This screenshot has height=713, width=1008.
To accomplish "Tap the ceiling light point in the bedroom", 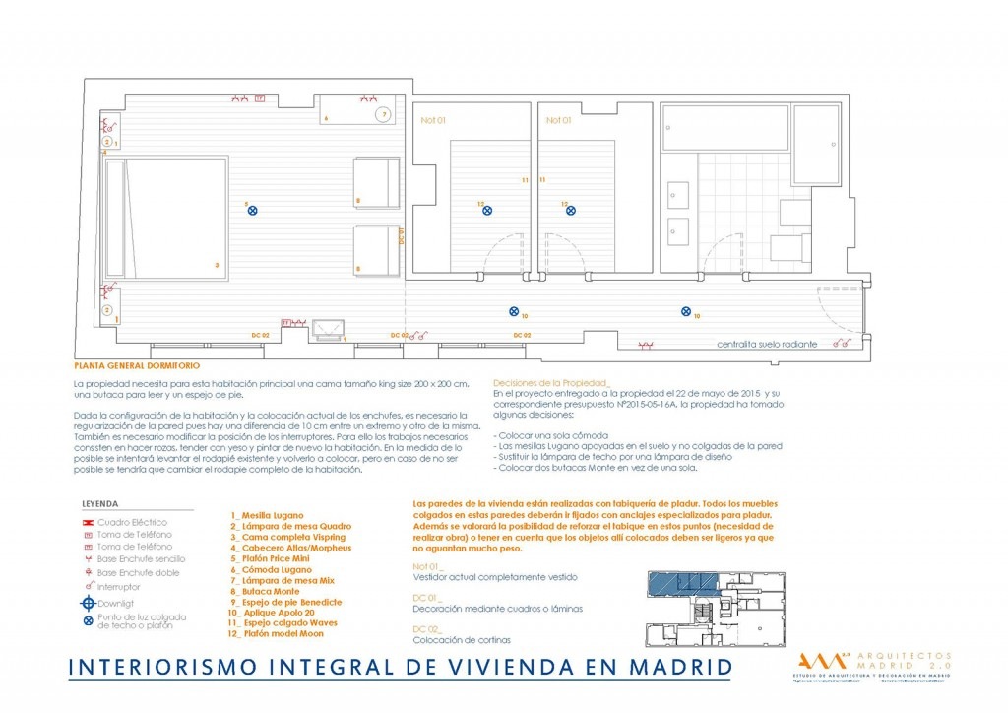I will [x=253, y=210].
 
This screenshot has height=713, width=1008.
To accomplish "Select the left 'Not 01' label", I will [x=433, y=120].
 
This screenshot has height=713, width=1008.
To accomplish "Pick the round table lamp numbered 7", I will [x=384, y=115].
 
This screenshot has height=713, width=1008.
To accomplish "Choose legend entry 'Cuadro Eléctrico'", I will [x=132, y=522].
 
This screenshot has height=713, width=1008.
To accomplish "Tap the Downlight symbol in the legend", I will [x=90, y=603].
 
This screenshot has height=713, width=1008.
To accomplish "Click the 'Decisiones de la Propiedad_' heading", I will [x=551, y=382].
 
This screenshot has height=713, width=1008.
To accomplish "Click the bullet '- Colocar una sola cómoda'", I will [x=552, y=434].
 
